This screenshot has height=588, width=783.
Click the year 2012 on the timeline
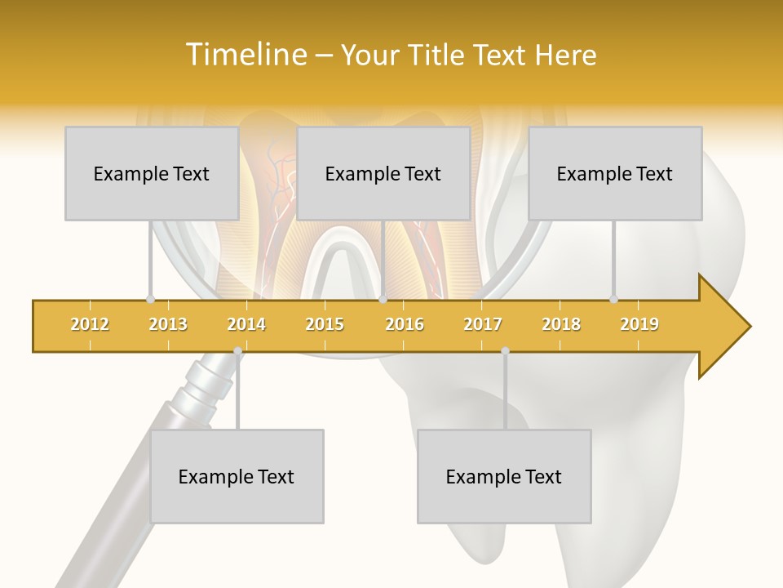90,324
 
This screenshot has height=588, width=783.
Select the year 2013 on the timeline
168,324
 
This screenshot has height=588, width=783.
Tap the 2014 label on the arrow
246,324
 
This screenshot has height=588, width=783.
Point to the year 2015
325,324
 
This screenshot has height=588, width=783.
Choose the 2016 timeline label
405,324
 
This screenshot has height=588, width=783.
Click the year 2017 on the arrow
483,324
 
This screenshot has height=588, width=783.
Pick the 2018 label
561,324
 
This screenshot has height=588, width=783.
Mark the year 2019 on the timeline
639,324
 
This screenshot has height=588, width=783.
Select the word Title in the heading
440,55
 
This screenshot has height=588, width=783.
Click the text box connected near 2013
152,173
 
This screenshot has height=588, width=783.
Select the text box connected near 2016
383,173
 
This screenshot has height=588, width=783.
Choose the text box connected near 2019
615,173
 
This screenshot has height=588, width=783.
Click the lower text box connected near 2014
237,476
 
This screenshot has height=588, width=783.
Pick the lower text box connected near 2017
504,476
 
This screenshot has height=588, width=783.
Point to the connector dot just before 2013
150,299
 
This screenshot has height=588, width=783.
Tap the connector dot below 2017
505,351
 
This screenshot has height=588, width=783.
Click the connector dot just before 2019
614,299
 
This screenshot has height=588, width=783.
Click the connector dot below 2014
237,351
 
